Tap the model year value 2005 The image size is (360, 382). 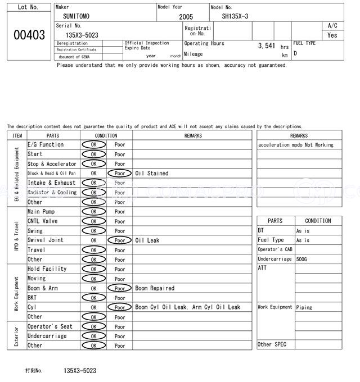(x=186, y=17)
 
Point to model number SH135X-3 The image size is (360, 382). (x=235, y=16)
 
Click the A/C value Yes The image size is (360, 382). (x=332, y=35)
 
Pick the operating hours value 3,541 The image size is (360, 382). (x=266, y=46)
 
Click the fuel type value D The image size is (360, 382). (x=295, y=53)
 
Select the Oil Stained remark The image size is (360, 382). (x=152, y=174)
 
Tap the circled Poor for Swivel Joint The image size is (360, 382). (x=119, y=240)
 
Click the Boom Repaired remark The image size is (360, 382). (x=155, y=288)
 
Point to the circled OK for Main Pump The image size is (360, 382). (x=93, y=212)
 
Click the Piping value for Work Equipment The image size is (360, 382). (x=304, y=307)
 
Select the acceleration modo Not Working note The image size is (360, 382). (x=296, y=145)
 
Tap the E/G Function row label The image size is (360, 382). (x=46, y=145)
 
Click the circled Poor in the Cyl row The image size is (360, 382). (x=119, y=307)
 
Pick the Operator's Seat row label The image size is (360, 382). (x=50, y=326)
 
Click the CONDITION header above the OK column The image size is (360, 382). (x=106, y=135)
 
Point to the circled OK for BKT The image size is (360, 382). (x=93, y=298)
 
